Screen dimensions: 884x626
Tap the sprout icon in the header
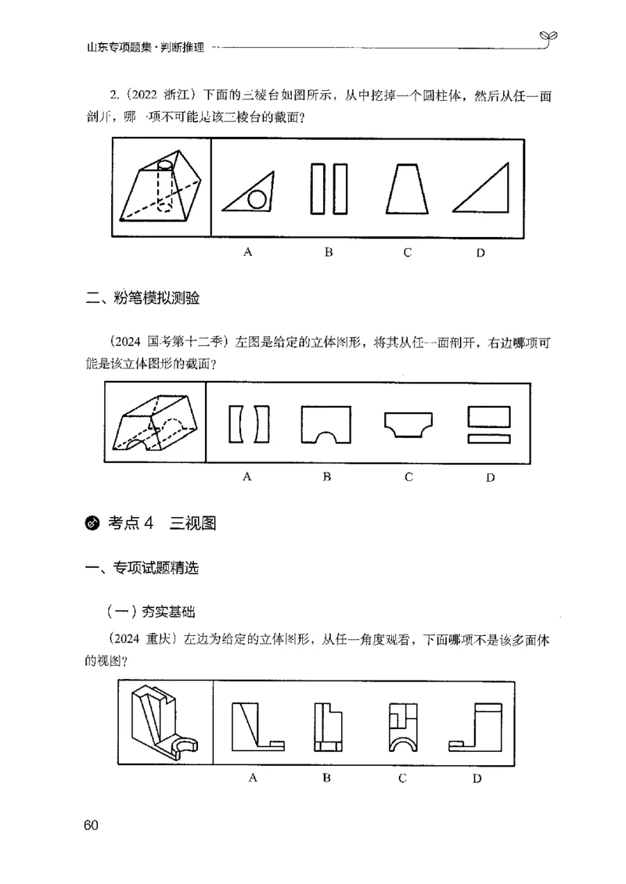coord(547,36)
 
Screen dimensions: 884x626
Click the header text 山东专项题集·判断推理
coord(146,47)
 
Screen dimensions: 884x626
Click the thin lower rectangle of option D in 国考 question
coord(489,440)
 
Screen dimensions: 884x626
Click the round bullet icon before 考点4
coord(92,523)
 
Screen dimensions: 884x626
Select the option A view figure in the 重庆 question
coord(258,726)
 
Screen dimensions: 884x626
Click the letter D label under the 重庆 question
coord(477,778)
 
